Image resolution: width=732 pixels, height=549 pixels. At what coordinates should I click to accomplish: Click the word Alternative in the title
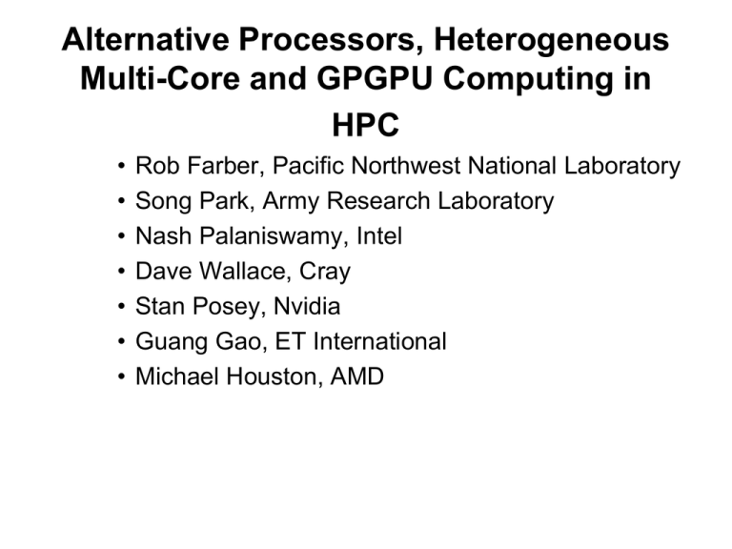click(x=145, y=39)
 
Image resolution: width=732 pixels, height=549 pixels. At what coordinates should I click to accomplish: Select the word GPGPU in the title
click(x=375, y=78)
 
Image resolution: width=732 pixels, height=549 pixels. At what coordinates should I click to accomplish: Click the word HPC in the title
click(x=366, y=125)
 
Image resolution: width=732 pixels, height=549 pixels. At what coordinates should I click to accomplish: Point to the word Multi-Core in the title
click(x=160, y=78)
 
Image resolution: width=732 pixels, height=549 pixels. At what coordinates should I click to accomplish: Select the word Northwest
click(x=406, y=165)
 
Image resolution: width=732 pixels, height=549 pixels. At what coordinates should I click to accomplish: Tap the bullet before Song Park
click(x=121, y=201)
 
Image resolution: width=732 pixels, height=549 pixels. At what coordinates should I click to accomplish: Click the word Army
click(x=292, y=202)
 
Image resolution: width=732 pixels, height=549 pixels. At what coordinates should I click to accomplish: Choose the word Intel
click(x=379, y=235)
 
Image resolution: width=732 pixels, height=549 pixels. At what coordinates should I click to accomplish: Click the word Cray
click(x=324, y=272)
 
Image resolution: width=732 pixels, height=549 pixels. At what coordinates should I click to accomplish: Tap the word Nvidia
click(x=307, y=306)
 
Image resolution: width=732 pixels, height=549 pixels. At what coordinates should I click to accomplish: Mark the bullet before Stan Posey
click(x=121, y=306)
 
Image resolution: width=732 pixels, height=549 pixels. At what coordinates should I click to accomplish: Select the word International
click(x=379, y=341)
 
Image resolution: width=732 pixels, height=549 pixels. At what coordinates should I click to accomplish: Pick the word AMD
click(x=357, y=376)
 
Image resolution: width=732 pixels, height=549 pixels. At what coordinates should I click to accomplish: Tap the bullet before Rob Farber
click(x=121, y=166)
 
